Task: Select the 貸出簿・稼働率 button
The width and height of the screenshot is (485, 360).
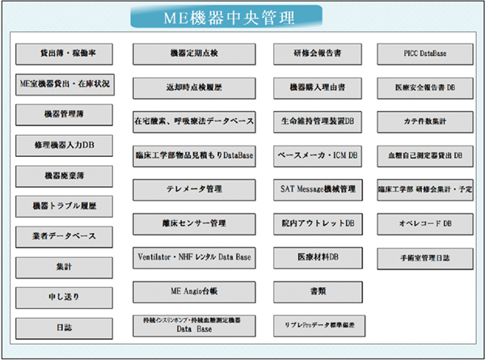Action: [x=65, y=53]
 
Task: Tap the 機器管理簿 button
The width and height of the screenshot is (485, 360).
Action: [x=65, y=114]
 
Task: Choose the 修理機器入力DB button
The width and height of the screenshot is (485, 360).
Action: [x=65, y=145]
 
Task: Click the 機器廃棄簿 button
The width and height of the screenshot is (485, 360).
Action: [x=65, y=176]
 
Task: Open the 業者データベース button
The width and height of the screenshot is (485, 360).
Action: [x=65, y=235]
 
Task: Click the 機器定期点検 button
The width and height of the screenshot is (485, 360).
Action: [x=194, y=53]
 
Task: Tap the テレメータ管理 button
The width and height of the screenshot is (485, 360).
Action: [x=194, y=189]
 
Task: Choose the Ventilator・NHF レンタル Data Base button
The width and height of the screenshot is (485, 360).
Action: [x=194, y=256]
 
